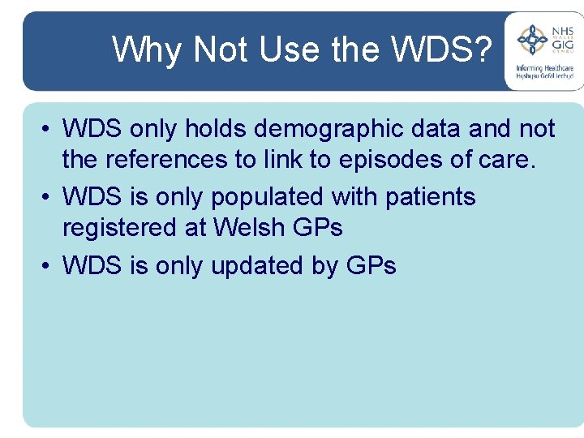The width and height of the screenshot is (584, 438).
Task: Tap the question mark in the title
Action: (x=483, y=49)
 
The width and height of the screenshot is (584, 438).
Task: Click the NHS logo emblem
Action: (x=533, y=39)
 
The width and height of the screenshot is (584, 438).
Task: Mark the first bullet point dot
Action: (x=49, y=130)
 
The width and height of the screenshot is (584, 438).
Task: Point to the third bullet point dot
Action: (x=49, y=266)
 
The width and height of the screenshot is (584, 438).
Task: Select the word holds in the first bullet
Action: (x=212, y=129)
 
